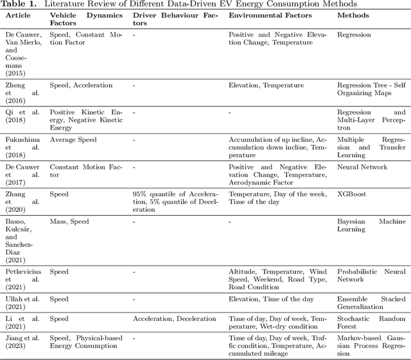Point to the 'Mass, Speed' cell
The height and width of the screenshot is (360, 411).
click(x=69, y=221)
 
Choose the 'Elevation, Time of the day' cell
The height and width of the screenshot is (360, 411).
click(x=271, y=299)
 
